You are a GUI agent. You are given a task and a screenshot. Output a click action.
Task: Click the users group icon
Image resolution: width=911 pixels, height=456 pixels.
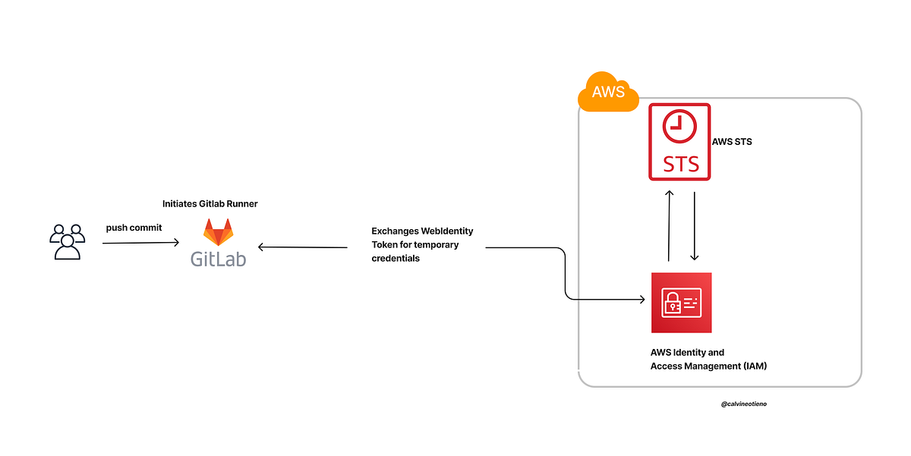(x=67, y=241)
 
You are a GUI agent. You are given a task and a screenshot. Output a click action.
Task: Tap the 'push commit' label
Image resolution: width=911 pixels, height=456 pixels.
(x=134, y=228)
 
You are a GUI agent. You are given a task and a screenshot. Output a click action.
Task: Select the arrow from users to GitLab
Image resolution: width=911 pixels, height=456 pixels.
(x=140, y=243)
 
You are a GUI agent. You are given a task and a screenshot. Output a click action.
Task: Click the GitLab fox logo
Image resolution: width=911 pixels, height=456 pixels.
(x=219, y=232)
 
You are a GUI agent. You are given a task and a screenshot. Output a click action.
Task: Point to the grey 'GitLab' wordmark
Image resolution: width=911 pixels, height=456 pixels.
(x=219, y=258)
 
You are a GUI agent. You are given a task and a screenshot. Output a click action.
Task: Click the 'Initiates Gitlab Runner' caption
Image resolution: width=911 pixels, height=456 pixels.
(x=210, y=204)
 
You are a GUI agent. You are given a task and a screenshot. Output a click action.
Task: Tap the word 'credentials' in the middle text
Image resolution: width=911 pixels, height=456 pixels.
(x=396, y=259)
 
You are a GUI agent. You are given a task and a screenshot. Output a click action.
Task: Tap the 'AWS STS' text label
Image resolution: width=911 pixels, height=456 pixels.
(x=732, y=142)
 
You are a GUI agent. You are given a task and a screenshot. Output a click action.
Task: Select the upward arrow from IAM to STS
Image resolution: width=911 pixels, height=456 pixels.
(x=669, y=225)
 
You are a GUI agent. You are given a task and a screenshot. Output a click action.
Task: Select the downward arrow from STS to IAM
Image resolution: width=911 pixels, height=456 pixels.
(x=695, y=225)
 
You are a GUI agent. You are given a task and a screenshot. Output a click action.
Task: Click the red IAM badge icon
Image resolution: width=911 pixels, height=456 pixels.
(x=681, y=303)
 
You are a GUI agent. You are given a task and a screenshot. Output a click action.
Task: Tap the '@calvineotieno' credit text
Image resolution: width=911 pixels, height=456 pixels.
(x=744, y=404)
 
